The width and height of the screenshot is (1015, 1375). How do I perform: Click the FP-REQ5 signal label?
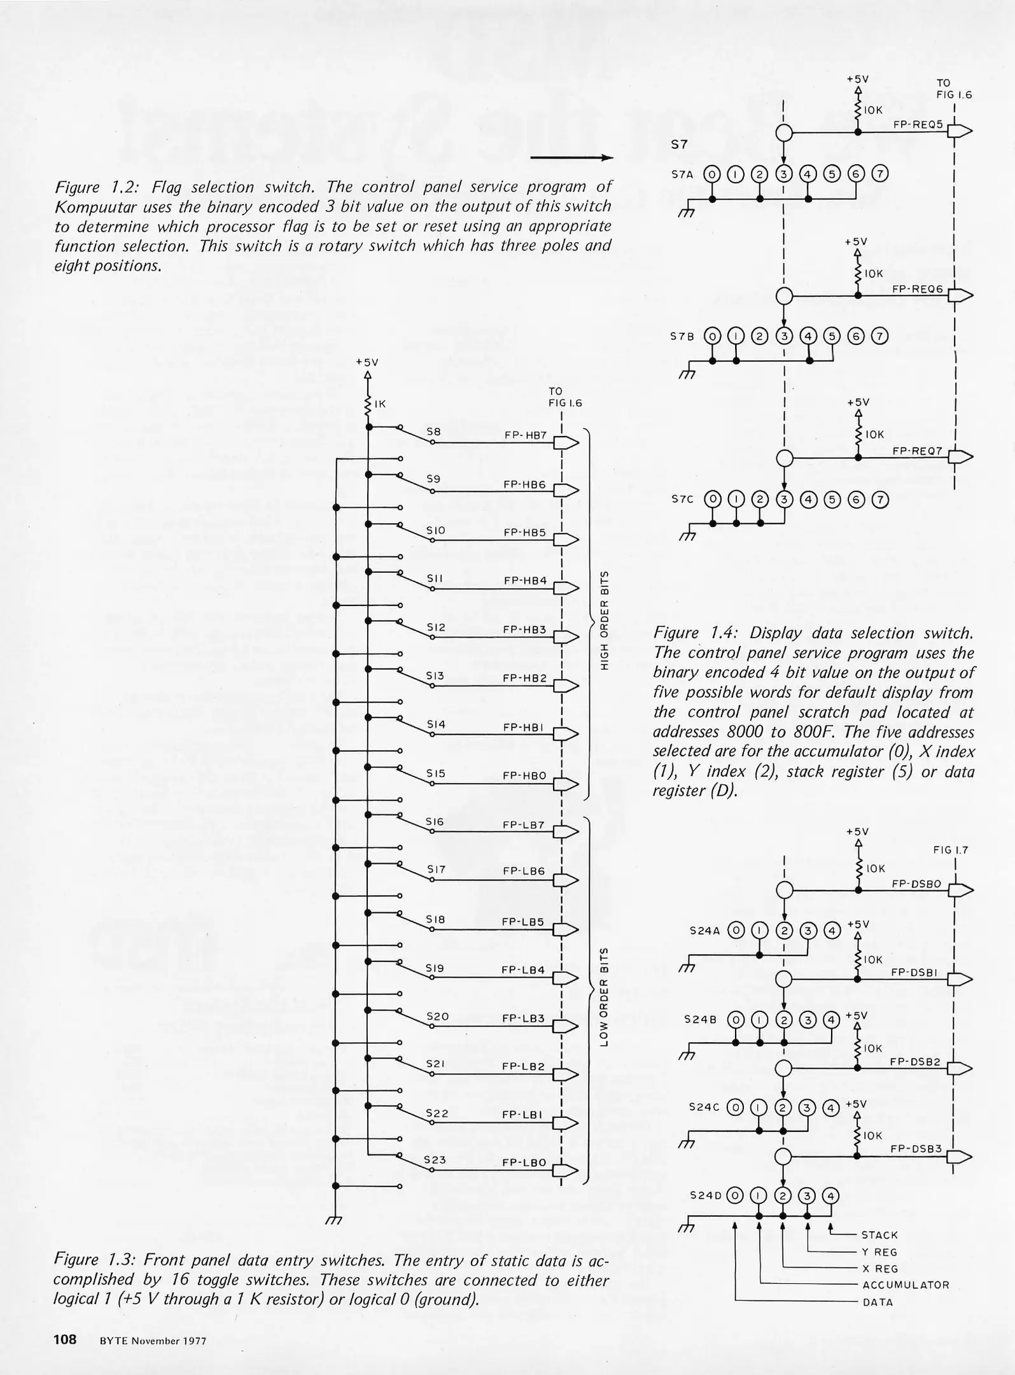[x=918, y=125]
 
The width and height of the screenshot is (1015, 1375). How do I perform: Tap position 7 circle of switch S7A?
[x=880, y=174]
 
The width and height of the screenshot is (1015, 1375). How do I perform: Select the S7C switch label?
[x=683, y=500]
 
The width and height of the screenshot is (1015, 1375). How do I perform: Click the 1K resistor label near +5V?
[x=380, y=404]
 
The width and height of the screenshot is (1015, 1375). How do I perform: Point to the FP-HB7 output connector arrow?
[x=567, y=442]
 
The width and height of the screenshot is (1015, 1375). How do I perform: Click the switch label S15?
[x=436, y=773]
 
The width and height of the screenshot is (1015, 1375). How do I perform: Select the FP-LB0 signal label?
[x=524, y=1162]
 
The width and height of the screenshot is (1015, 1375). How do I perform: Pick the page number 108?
[x=65, y=1339]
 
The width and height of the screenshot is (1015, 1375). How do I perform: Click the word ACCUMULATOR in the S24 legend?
[x=906, y=1285]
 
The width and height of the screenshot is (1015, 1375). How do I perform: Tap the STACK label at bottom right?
[x=879, y=1236]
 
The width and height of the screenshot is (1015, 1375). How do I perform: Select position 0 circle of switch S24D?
[x=734, y=1195]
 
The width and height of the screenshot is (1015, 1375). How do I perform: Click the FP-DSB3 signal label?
[x=916, y=1149]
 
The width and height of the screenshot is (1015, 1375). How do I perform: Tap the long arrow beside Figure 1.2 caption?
[x=571, y=158]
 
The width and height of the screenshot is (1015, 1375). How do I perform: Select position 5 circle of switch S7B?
[x=832, y=336]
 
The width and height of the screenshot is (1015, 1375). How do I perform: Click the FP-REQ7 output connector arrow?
[x=960, y=456]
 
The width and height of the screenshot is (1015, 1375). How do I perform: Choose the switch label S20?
[x=437, y=1017]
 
